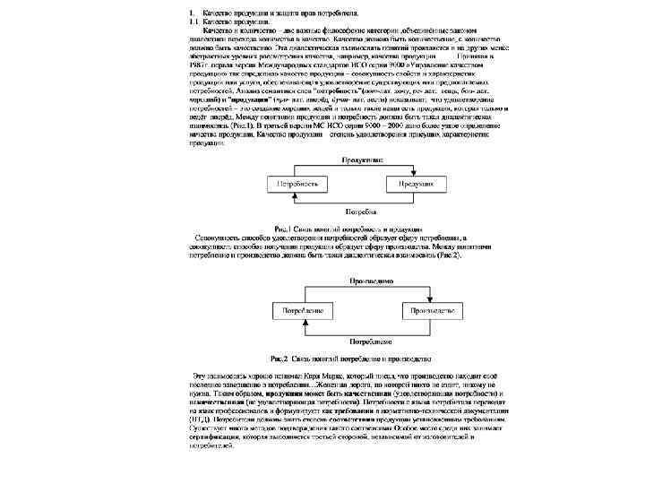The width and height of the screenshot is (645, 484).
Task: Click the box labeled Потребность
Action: [x=297, y=182]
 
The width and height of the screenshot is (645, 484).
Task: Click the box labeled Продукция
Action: [x=417, y=182]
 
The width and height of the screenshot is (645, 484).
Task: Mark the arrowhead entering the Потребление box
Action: [x=304, y=320]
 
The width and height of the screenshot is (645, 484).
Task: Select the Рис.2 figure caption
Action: [x=357, y=358]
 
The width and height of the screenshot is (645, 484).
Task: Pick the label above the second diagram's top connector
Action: [x=369, y=280]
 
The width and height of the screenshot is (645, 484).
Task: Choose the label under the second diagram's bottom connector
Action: [x=369, y=341]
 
